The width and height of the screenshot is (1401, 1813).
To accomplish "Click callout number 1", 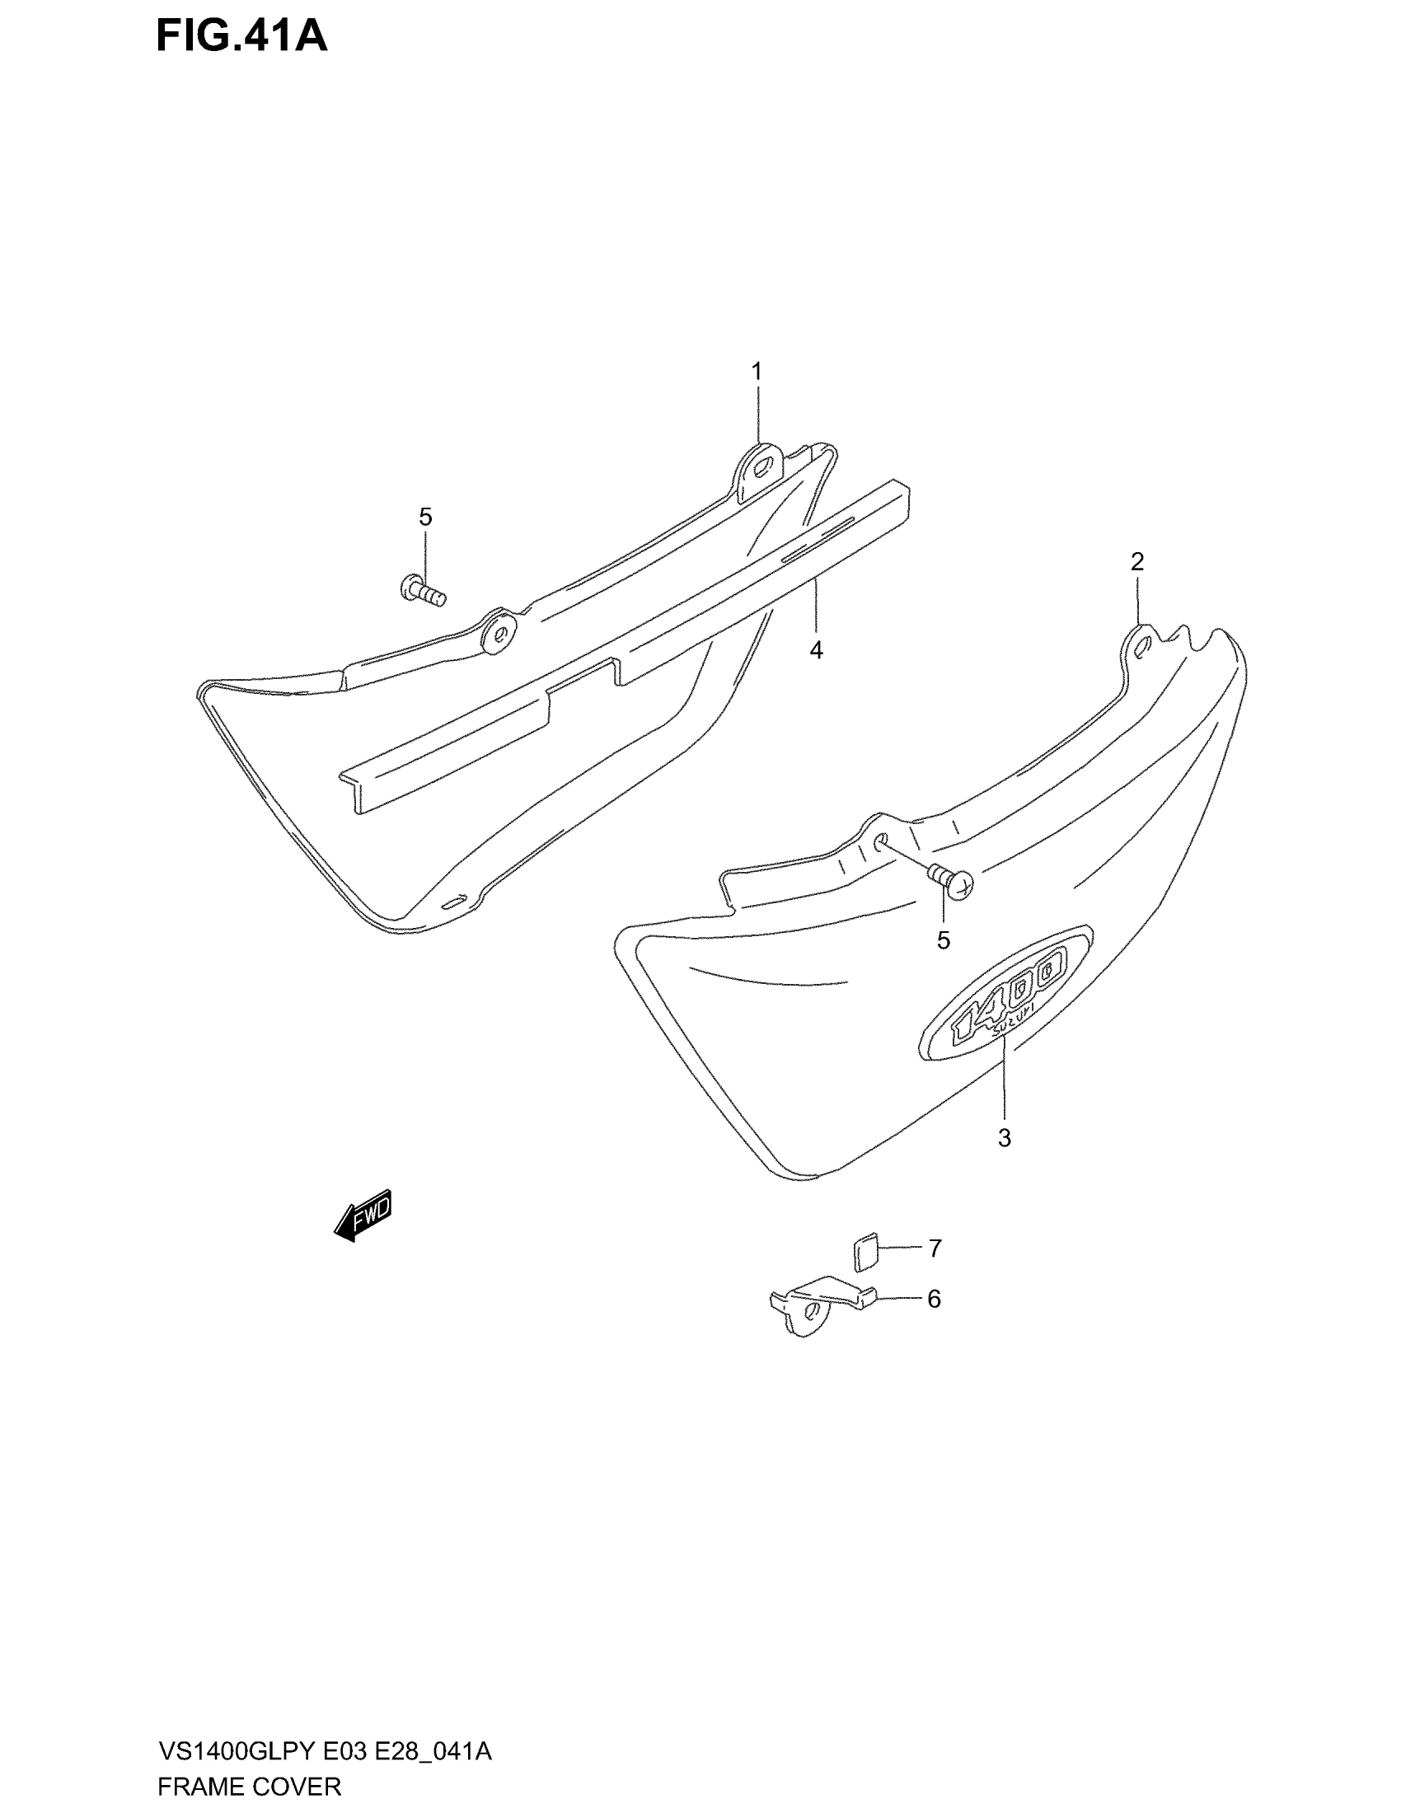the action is click(756, 371).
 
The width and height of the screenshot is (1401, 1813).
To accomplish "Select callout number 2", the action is click(1137, 562).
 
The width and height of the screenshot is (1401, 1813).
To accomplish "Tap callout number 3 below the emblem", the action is click(1005, 1138).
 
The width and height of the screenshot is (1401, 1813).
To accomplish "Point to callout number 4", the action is click(816, 650).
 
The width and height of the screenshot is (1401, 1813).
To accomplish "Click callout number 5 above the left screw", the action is click(425, 518).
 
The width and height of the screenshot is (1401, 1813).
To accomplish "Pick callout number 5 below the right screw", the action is click(944, 940).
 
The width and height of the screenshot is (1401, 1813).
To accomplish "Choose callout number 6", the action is click(934, 1299).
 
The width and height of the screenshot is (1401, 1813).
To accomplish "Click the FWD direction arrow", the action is click(363, 1216).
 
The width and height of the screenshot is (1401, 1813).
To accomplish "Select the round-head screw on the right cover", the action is click(954, 882).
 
